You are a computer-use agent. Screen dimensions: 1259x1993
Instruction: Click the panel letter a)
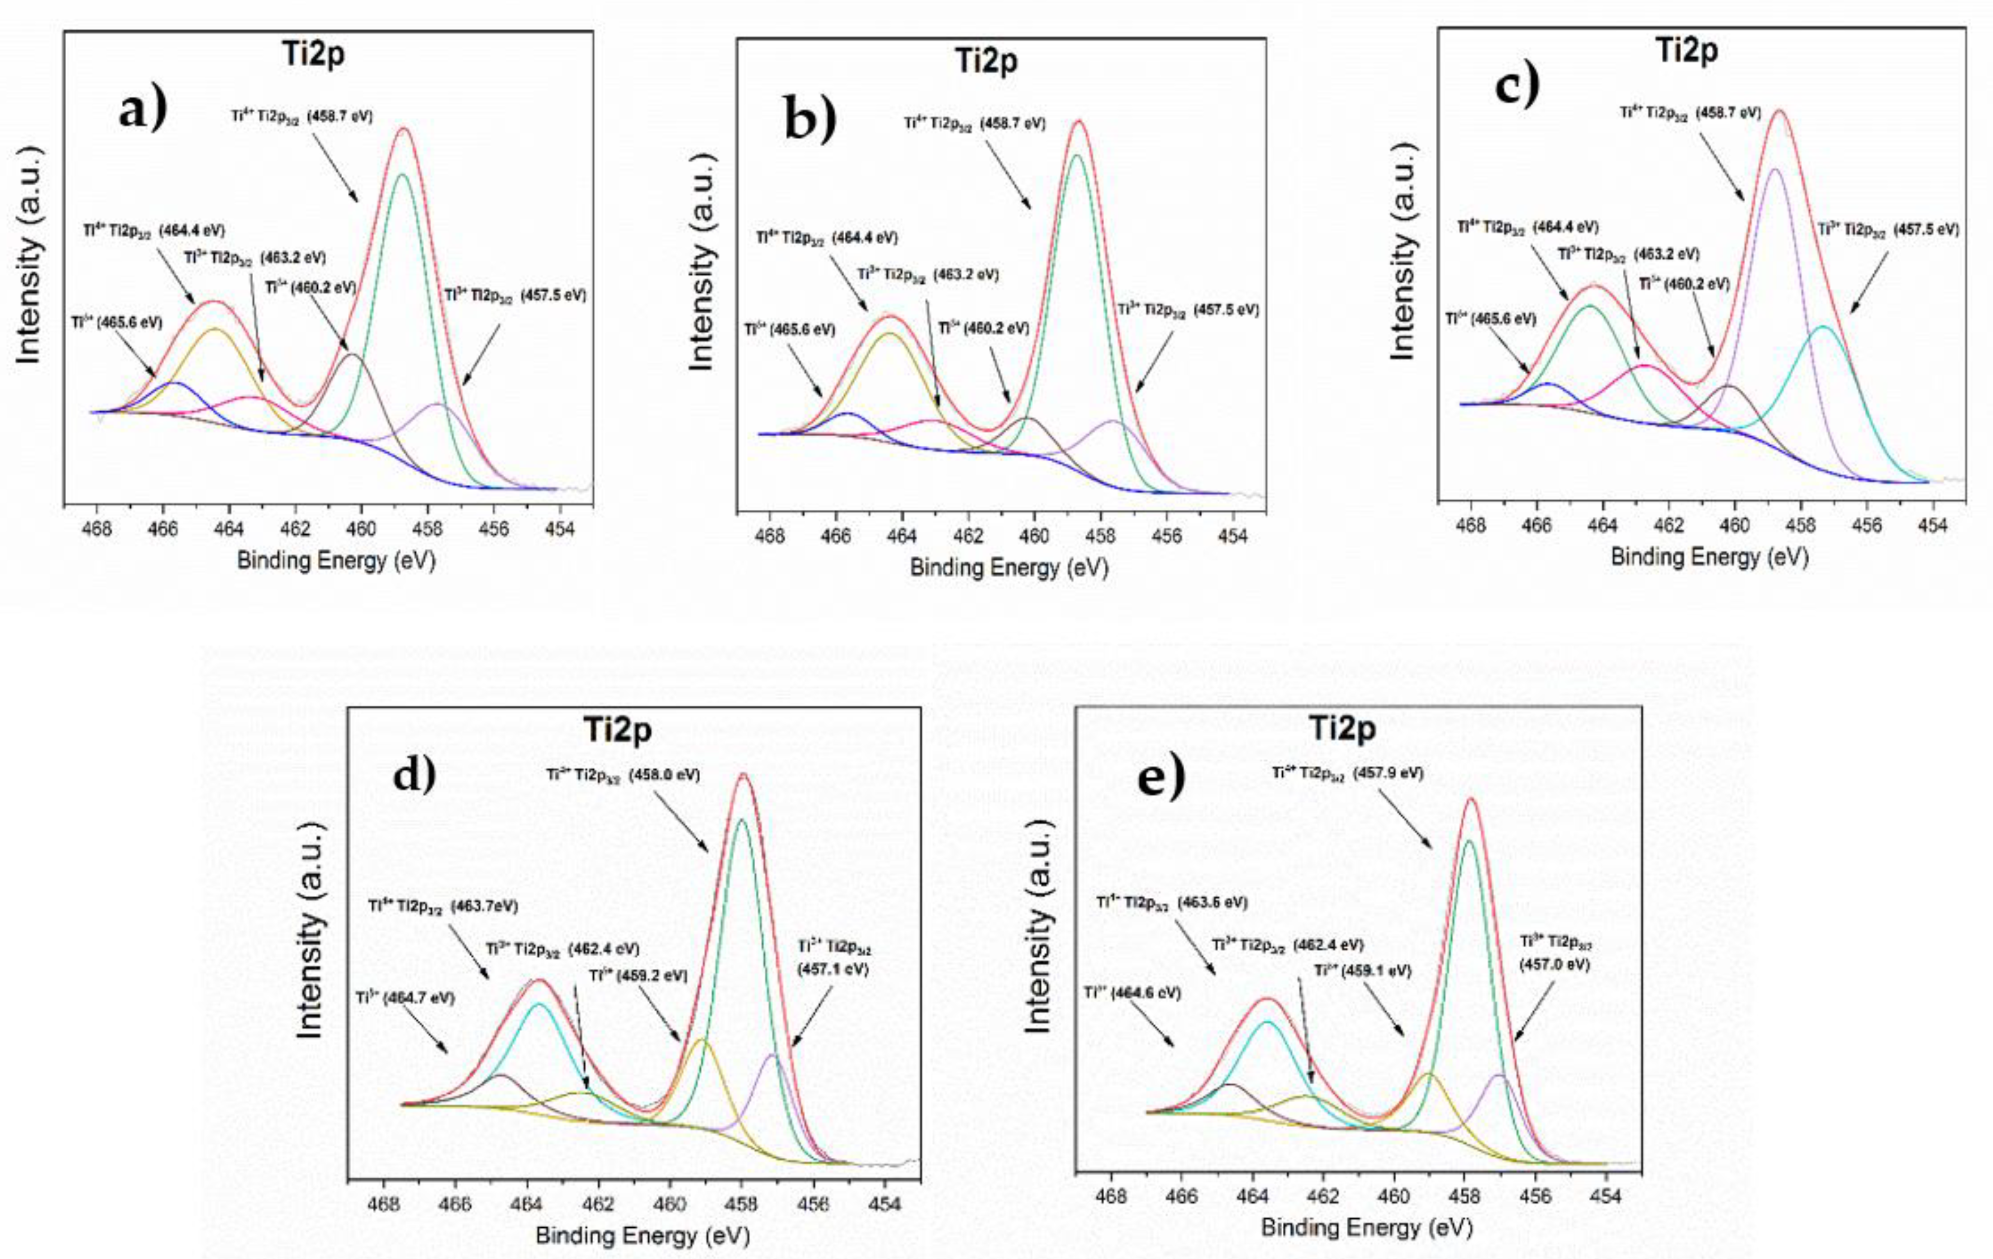coord(142,109)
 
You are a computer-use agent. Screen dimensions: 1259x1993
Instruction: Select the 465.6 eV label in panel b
coord(790,329)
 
